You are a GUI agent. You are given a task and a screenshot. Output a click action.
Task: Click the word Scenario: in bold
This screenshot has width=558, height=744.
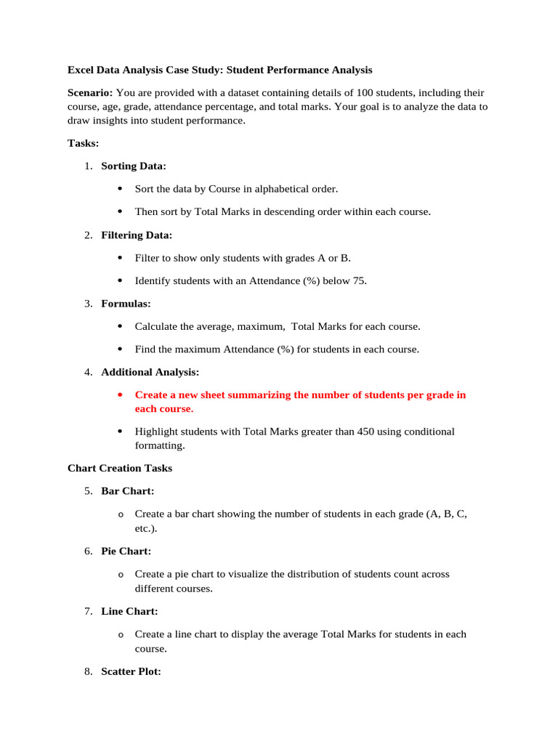pyautogui.click(x=90, y=93)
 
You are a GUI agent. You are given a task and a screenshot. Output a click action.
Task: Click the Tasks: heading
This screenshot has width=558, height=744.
pyautogui.click(x=83, y=143)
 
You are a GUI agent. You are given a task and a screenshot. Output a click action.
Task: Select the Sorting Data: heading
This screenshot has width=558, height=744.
pyautogui.click(x=134, y=166)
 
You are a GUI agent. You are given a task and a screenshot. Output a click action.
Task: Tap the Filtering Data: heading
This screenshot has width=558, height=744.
pyautogui.click(x=137, y=235)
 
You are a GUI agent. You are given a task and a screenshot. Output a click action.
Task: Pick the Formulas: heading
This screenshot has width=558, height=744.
pyautogui.click(x=126, y=304)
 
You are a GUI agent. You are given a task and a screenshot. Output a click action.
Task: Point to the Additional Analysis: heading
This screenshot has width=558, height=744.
pyautogui.click(x=150, y=372)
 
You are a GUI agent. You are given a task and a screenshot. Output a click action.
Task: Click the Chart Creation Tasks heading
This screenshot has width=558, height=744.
pyautogui.click(x=120, y=469)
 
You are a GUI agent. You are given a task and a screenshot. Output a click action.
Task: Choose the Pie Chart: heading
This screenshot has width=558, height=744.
pyautogui.click(x=126, y=551)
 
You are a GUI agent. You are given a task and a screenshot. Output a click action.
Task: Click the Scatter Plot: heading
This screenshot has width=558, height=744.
pyautogui.click(x=131, y=672)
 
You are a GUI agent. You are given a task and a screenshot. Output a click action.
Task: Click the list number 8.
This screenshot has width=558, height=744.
pyautogui.click(x=87, y=672)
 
